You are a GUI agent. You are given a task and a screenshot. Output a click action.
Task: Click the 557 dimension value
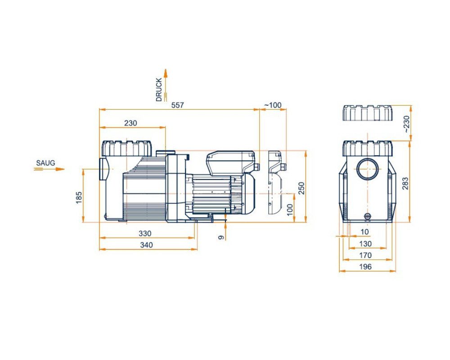(x=178, y=105)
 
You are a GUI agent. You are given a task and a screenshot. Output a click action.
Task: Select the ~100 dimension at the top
(x=272, y=105)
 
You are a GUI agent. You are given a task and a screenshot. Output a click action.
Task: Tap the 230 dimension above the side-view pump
(x=130, y=123)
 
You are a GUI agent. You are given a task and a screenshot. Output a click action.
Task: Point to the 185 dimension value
(x=79, y=197)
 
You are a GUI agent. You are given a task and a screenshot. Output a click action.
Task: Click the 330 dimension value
(x=145, y=233)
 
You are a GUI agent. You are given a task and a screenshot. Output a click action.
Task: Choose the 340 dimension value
(x=146, y=245)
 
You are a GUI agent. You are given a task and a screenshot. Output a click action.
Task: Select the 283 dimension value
(x=405, y=183)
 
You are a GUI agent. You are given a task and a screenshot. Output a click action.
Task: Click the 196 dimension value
(x=366, y=267)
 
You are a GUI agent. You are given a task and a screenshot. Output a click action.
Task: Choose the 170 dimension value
(x=366, y=255)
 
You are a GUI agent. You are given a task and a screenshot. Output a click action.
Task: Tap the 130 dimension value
(x=366, y=243)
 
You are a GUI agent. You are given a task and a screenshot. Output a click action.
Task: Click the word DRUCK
(x=159, y=90)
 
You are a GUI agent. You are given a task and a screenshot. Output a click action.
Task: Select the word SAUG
(x=46, y=162)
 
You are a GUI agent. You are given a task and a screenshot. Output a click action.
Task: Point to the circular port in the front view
(x=369, y=169)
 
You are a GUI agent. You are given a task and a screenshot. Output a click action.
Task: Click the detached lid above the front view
(x=367, y=113)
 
